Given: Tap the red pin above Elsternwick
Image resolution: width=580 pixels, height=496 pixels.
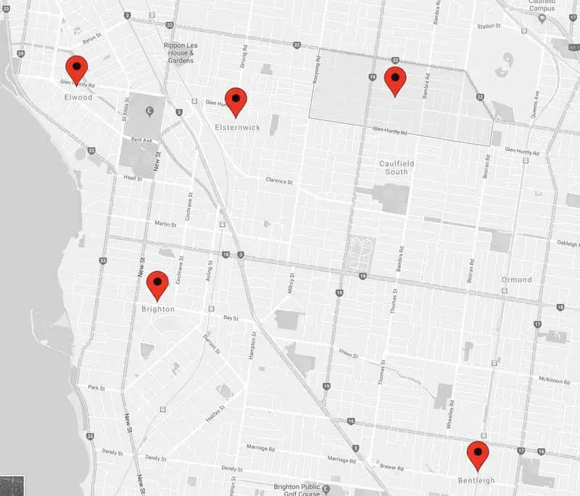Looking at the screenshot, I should [236, 101].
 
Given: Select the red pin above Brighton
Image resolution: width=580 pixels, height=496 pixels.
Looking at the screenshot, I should [157, 285].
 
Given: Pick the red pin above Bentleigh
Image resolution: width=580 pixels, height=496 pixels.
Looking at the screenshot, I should [477, 455].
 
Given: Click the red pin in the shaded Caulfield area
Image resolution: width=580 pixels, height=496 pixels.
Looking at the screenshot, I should [394, 80].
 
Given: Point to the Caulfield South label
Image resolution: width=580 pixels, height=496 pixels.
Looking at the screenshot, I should [398, 168].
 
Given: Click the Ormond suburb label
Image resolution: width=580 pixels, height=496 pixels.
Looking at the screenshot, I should [516, 279].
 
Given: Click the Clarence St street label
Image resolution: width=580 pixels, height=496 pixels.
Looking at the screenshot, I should [278, 181].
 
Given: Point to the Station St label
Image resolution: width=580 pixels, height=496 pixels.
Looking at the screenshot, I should [488, 27].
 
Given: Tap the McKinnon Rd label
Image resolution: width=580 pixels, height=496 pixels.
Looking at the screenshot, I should [557, 379].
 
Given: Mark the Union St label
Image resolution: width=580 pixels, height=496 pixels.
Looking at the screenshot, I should [349, 354].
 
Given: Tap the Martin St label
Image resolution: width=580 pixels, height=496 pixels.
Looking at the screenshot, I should [166, 223].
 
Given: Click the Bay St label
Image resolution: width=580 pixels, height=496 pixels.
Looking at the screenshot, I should [231, 318].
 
